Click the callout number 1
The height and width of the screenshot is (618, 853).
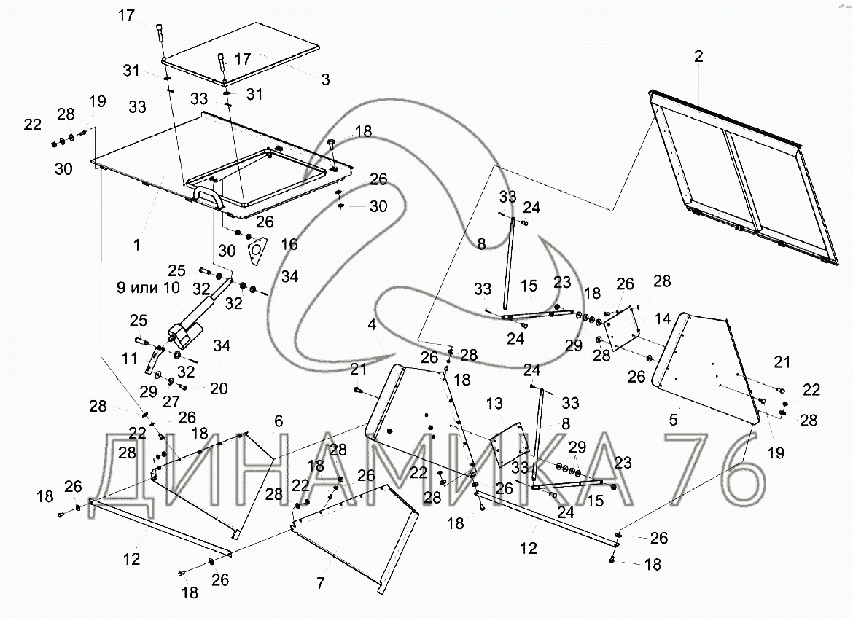136,246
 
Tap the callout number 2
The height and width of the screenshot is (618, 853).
698,58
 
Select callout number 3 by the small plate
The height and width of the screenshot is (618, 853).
326,78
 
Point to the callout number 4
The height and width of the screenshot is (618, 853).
373,324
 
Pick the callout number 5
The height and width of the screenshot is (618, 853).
673,420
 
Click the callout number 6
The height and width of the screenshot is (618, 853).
278,421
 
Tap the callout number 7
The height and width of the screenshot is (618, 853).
321,582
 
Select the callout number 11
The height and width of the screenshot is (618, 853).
128,358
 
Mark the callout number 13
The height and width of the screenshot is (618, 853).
495,403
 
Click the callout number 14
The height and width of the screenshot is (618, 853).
663,318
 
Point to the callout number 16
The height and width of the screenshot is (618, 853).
289,244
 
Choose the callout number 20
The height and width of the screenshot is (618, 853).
218,389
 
